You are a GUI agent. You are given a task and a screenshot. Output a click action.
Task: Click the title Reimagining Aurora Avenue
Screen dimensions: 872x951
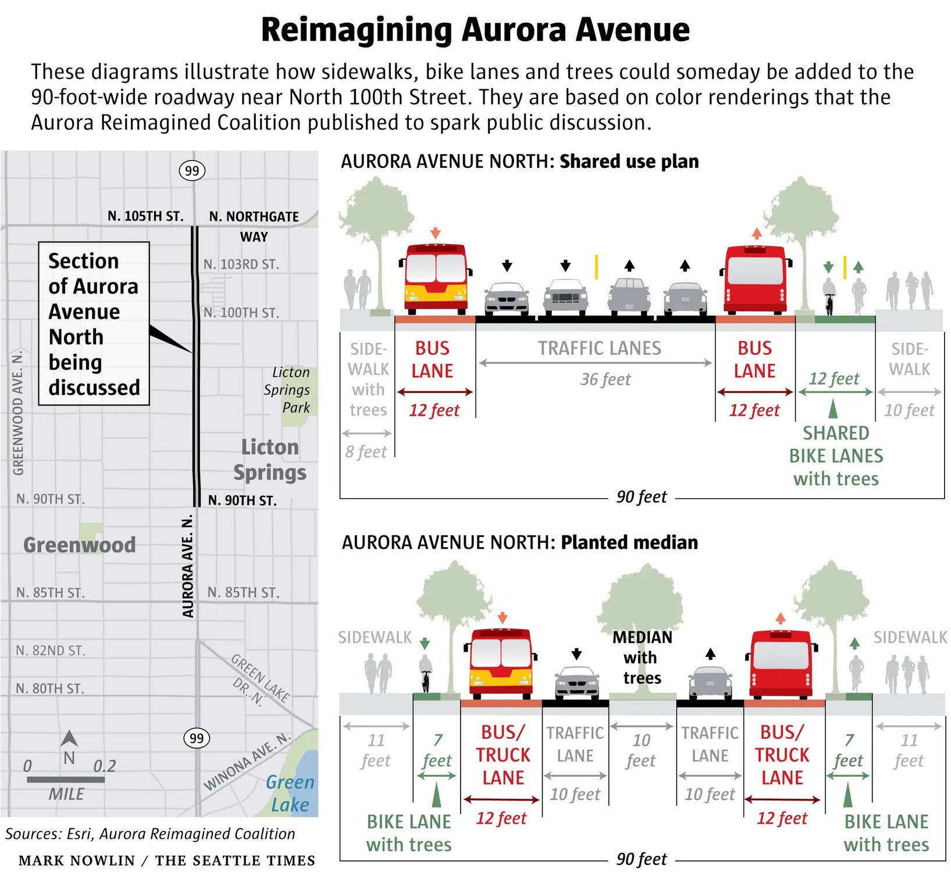tap(475, 30)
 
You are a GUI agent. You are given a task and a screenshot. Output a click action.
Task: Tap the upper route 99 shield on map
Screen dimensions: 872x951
tap(192, 171)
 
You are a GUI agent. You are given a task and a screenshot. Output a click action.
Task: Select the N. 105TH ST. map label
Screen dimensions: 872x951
tap(145, 216)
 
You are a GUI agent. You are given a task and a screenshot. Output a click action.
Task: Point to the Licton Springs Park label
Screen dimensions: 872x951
tap(288, 389)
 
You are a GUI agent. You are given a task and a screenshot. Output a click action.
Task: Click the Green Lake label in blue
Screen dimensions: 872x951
tap(290, 794)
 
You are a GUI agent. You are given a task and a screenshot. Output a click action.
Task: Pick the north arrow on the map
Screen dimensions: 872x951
tap(69, 739)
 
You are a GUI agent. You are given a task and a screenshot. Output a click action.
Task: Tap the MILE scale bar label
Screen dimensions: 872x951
tap(66, 794)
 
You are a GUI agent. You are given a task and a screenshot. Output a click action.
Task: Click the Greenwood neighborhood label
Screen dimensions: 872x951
tap(80, 545)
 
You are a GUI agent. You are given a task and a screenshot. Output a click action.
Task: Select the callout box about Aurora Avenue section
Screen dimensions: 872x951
tap(94, 324)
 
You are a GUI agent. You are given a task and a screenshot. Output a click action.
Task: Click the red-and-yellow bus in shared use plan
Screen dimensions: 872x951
tap(436, 277)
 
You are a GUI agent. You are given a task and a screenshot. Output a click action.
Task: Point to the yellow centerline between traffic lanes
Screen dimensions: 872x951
tap(596, 267)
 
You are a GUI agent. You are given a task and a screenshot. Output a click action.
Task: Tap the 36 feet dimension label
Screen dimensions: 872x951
tap(605, 380)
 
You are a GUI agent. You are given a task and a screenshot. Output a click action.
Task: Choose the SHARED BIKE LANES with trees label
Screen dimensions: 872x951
tap(836, 456)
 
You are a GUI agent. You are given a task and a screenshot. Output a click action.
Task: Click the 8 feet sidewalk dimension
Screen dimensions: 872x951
tap(366, 452)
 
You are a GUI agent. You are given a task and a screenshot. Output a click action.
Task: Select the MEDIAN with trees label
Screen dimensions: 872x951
tap(642, 657)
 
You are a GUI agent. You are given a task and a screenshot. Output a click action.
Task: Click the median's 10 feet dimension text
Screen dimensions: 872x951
tap(641, 750)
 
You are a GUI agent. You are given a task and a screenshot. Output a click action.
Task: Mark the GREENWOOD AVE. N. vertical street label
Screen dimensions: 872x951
tap(19, 413)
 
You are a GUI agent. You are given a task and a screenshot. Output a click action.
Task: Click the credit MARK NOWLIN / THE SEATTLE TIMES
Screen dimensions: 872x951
tap(167, 860)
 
